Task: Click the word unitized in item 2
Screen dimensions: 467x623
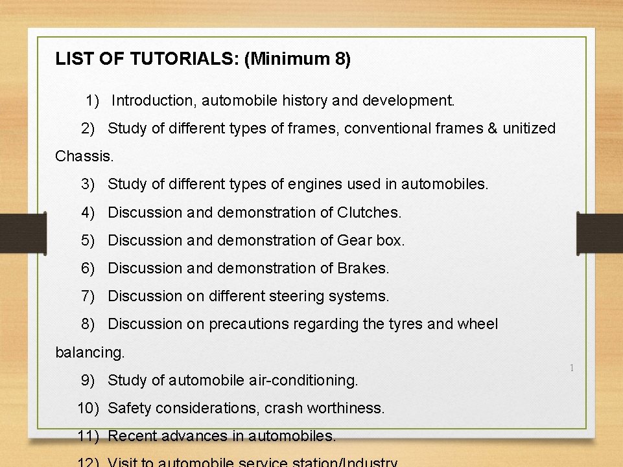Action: pos(529,128)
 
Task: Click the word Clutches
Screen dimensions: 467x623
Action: pos(369,212)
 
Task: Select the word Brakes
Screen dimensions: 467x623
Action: pos(363,268)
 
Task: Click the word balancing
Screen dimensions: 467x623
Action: pos(89,353)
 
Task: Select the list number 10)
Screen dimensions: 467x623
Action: pos(88,408)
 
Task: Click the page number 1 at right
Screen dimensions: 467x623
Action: pos(571,369)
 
